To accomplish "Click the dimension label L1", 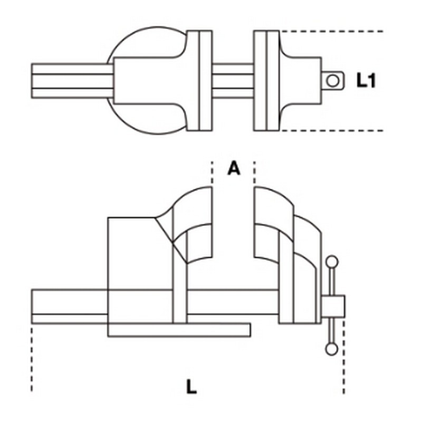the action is point(366,80).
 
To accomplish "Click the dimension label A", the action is point(233,168).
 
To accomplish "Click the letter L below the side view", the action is point(191,387).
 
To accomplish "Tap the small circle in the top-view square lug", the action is point(333,81).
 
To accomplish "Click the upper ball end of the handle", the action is point(332,262).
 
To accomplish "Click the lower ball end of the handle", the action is point(332,349).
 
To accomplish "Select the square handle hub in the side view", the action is point(333,306).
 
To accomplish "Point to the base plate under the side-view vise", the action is point(179,330).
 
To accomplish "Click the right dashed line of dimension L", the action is point(344,356).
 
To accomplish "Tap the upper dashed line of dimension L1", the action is point(332,32).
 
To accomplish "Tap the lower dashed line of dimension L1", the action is point(332,130).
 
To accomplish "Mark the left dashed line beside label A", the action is point(212,172).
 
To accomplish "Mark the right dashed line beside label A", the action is point(255,172).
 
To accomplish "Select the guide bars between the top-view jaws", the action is point(233,81).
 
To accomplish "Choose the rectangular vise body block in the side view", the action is point(140,270).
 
